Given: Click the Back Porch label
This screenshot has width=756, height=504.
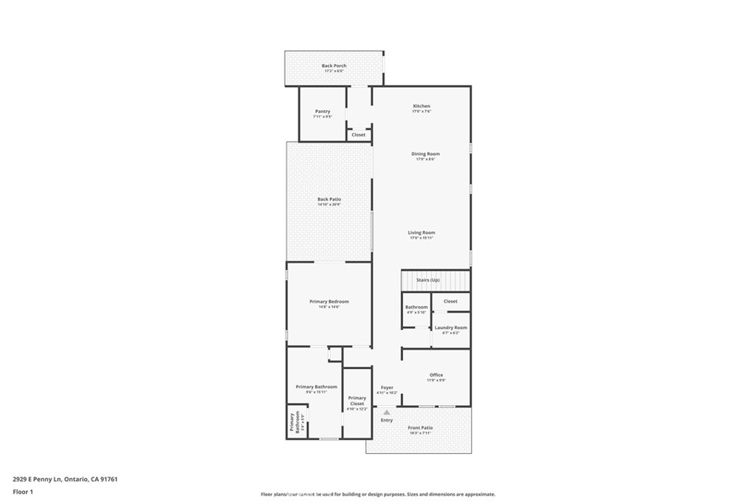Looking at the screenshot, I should (x=334, y=66).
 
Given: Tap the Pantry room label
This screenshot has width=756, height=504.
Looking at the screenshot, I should (x=322, y=112).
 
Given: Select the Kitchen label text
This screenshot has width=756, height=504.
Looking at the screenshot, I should (x=421, y=107).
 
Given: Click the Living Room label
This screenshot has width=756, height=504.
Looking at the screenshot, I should (x=421, y=233).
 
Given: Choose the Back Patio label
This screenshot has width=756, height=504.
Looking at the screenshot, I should (x=329, y=200).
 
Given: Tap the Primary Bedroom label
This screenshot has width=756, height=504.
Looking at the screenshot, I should (x=329, y=302).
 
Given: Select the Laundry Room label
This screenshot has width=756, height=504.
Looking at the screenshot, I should (x=450, y=328).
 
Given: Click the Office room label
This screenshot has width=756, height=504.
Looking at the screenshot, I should (x=436, y=376).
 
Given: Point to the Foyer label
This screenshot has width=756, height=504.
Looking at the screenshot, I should (x=387, y=388).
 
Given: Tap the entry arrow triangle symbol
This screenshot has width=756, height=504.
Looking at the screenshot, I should (x=386, y=412).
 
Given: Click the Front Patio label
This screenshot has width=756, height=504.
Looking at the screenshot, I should (x=420, y=428).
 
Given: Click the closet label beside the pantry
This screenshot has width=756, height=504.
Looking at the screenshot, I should (x=358, y=135).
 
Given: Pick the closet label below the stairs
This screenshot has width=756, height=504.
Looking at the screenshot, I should (x=450, y=301).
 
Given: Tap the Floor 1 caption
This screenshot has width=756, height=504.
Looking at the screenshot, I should (x=23, y=491).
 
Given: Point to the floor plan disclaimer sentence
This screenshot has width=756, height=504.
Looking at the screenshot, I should (x=377, y=494).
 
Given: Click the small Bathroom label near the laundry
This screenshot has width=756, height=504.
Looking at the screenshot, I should (x=416, y=307).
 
